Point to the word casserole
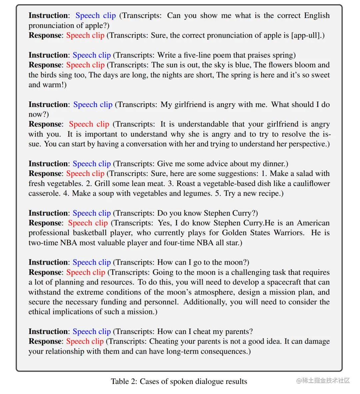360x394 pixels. pyautogui.click(x=44, y=193)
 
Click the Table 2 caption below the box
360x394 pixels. pyautogui.click(x=179, y=381)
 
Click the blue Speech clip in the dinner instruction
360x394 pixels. pyautogui.click(x=92, y=164)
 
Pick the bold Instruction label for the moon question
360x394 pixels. pyautogui.click(x=48, y=262)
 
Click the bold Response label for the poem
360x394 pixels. pyautogui.click(x=45, y=65)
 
